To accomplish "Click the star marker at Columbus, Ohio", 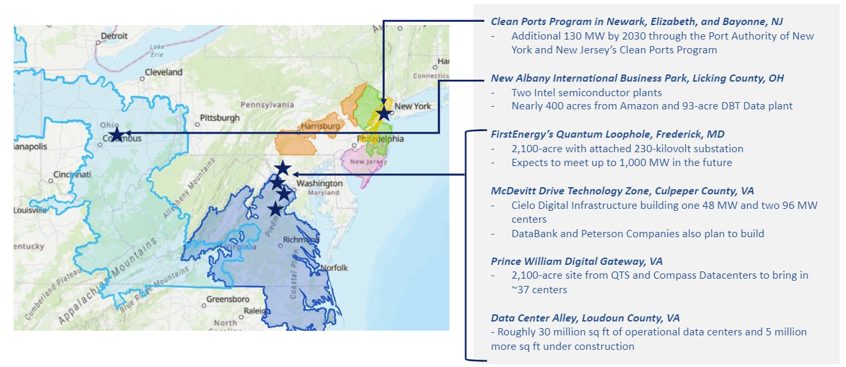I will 116,134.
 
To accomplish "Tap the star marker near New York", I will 383,113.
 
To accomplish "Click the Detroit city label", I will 113,36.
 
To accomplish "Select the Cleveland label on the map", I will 163,72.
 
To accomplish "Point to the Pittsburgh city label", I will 221,118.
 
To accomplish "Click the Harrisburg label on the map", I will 320,126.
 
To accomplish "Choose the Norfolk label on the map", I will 334,268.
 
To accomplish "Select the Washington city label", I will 319,183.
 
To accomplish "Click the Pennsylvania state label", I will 267,105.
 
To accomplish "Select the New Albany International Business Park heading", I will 637,78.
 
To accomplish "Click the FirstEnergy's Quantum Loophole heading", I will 607,134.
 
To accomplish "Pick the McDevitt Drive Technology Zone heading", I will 623,191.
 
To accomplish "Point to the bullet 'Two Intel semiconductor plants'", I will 586,92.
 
